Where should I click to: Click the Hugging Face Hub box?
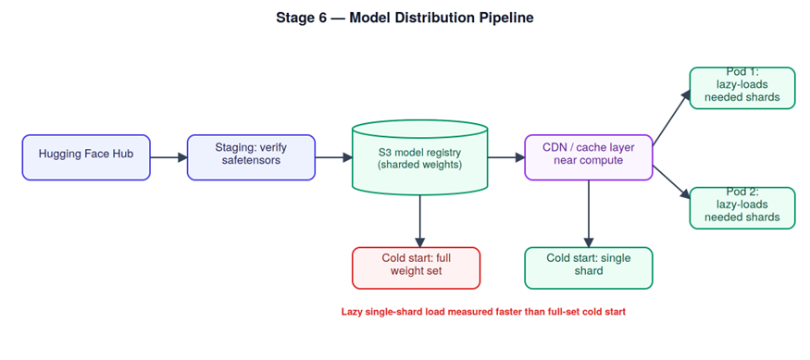pos(86,157)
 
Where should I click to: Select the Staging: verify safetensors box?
pos(251,157)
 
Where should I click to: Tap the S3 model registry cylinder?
pos(419,157)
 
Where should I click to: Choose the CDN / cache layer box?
pos(589,157)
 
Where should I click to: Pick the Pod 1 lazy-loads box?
pos(742,88)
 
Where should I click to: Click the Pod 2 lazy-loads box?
pos(742,208)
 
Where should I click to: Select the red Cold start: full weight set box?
pos(417,268)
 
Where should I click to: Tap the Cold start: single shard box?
pos(589,268)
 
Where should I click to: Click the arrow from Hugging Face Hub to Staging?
pos(168,157)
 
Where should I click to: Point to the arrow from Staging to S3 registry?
pos(333,157)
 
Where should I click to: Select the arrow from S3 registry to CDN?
pos(506,157)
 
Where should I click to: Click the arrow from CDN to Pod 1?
pos(671,118)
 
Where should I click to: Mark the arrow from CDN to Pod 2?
pos(671,182)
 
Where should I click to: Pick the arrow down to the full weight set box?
pos(420,221)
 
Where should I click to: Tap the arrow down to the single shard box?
pos(589,214)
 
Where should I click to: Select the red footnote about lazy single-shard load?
pos(483,312)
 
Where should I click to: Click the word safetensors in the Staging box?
pos(251,160)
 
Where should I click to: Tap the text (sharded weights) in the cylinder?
pos(419,166)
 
